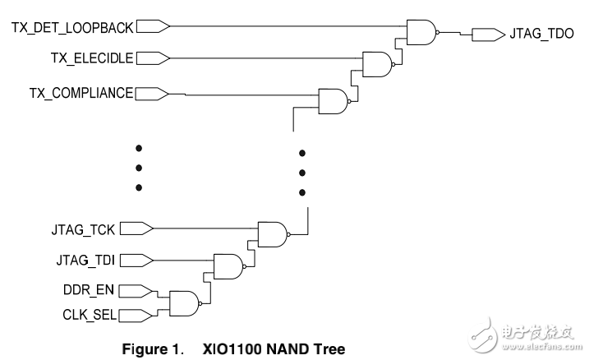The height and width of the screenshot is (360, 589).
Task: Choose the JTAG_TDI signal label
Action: coord(86,260)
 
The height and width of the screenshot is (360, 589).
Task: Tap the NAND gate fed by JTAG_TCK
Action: coord(272,233)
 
